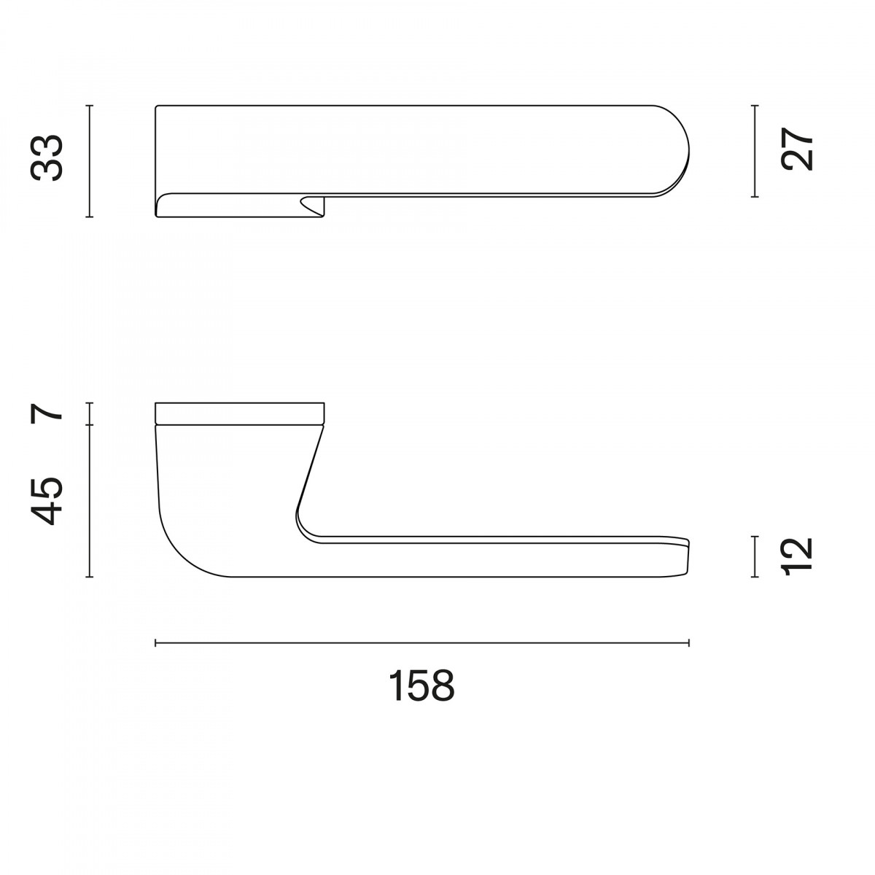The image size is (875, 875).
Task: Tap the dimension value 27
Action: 797,149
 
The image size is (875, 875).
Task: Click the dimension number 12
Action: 797,556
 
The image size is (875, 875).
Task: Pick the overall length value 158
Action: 422,685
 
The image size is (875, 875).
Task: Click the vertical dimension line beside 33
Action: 90,161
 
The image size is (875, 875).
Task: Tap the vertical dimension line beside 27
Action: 755,151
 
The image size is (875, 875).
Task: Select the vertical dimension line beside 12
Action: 755,556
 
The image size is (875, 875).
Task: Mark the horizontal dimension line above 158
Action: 422,642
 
